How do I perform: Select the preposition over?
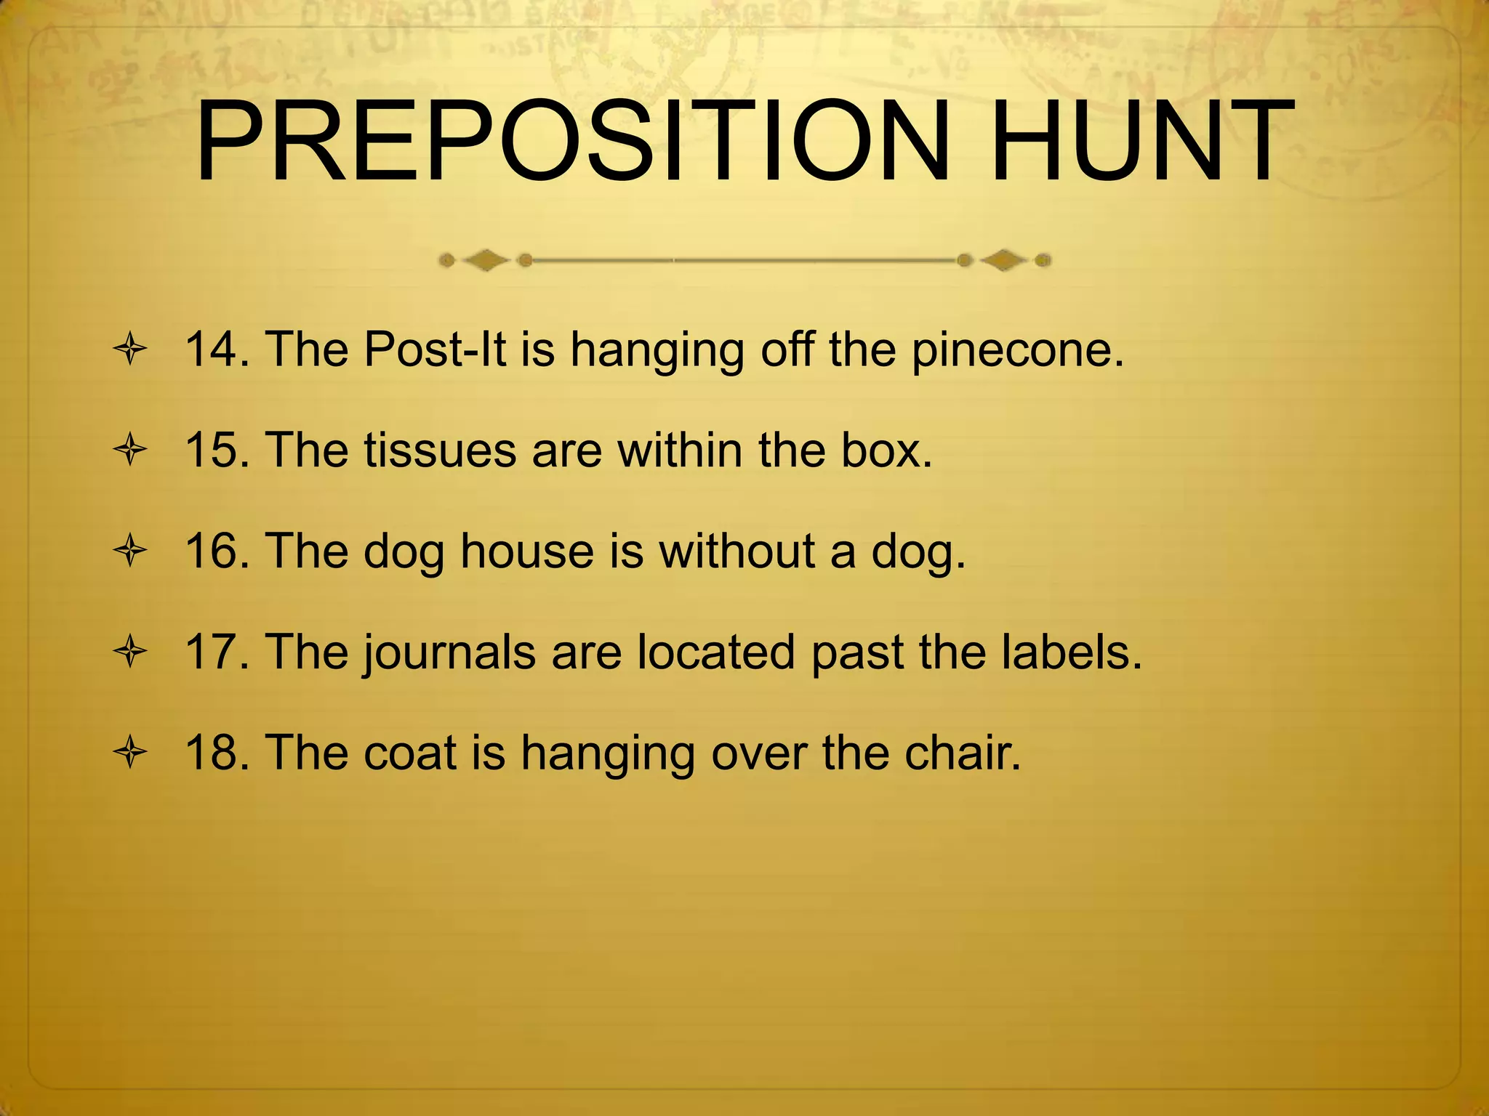[x=759, y=753]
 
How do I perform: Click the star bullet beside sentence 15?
[x=131, y=451]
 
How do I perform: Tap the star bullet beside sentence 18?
[x=131, y=753]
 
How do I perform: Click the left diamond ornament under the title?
[x=486, y=259]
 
